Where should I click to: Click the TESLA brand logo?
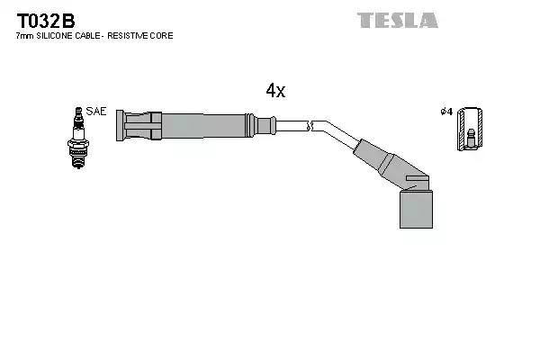click(397, 20)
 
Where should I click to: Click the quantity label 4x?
click(275, 90)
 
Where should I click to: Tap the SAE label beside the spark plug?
click(97, 112)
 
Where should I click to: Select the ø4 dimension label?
click(445, 112)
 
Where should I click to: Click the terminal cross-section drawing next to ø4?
click(468, 128)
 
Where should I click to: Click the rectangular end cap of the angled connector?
click(415, 209)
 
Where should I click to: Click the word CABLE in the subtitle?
click(88, 36)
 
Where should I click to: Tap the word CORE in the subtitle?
click(162, 36)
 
